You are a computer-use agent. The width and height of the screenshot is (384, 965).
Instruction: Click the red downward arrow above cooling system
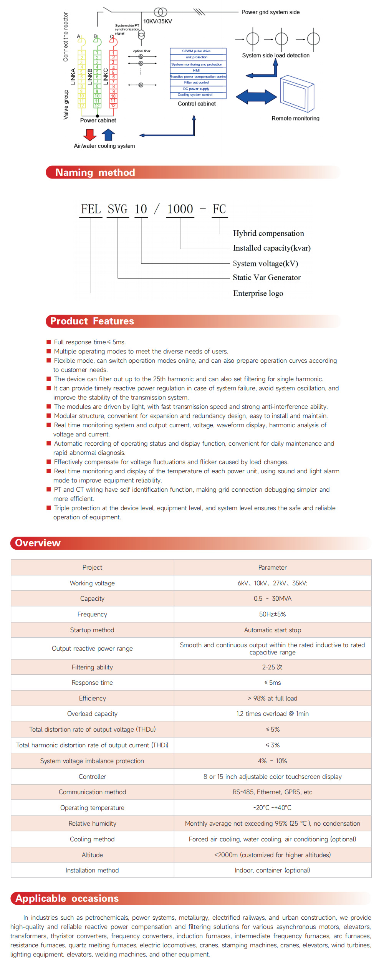pos(90,134)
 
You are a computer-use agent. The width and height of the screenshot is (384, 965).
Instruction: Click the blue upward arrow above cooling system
pos(108,134)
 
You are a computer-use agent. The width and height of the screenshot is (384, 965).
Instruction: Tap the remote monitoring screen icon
pos(296,94)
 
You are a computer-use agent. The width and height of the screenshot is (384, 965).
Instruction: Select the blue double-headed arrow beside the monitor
pos(256,97)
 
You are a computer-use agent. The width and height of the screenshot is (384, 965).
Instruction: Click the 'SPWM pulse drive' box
pos(196,51)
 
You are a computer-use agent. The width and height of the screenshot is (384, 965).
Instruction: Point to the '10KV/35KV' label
pos(157,21)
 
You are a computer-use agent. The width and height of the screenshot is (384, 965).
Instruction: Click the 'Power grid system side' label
pos(270,12)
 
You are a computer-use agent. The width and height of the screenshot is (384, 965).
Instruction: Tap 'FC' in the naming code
pos(219,209)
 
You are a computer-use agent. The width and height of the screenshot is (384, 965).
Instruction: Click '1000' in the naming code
pos(180,209)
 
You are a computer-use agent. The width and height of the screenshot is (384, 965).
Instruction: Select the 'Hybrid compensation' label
pos(268,233)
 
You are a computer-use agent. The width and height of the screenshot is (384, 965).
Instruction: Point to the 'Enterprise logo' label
pos(258,293)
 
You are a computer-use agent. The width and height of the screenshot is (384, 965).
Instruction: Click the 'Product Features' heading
pos(92,321)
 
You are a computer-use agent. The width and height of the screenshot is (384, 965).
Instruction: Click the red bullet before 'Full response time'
pos(49,342)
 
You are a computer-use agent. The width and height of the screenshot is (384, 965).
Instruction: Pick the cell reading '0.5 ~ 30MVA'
pos(272,598)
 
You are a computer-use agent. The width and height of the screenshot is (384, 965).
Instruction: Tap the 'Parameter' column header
pos(272,567)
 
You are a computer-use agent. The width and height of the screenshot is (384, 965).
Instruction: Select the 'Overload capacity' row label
pos(92,714)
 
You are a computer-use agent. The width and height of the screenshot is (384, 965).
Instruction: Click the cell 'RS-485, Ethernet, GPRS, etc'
pos(272,792)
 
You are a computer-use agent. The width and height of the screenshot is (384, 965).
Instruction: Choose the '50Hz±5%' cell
pos(272,614)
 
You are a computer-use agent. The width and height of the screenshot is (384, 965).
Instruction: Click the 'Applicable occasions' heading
pos(67,898)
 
